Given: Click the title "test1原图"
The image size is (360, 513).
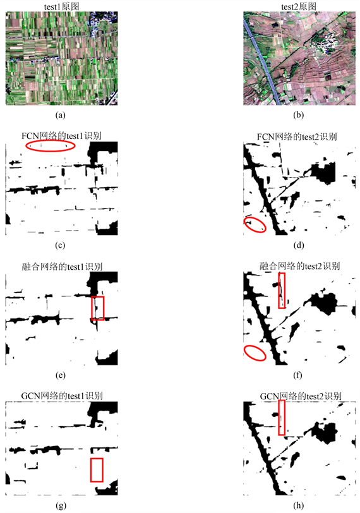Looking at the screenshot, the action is [x=61, y=6].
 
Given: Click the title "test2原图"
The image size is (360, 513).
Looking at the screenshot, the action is [x=299, y=6].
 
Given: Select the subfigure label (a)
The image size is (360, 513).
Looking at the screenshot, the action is [x=61, y=115].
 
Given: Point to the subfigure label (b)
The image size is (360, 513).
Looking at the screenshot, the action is [x=299, y=115].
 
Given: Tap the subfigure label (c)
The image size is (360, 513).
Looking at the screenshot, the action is [x=61, y=245].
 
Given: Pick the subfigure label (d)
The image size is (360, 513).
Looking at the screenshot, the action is [x=299, y=245].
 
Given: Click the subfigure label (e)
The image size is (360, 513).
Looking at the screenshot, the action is [x=61, y=375].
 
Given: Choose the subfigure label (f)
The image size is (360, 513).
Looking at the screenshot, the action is [x=297, y=375].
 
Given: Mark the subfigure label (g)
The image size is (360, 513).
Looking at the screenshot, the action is [x=61, y=505].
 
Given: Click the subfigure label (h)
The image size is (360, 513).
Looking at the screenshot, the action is [x=299, y=505].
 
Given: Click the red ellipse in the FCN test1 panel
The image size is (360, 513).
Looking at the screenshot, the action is [x=51, y=141].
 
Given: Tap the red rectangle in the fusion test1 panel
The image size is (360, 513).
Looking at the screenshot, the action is [x=92, y=308].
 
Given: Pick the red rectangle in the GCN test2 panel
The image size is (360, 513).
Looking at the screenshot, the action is [x=279, y=418].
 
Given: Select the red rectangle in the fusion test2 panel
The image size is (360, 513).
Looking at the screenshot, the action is [x=279, y=291].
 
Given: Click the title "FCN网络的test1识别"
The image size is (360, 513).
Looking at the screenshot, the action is [x=61, y=136].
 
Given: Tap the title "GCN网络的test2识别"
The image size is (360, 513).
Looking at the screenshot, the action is [x=301, y=396].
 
